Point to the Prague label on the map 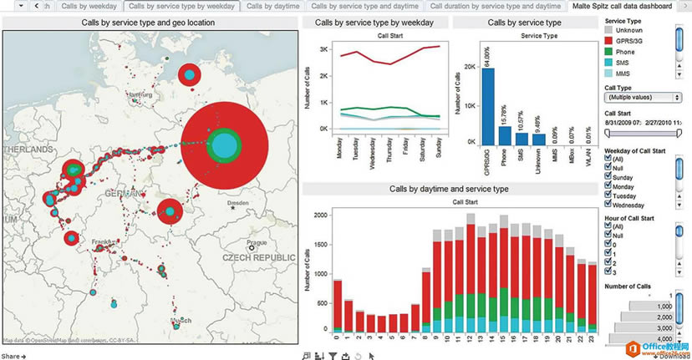click(257, 232)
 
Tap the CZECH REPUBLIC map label click(259, 260)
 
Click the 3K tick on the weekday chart click(322, 50)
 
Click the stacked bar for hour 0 click(337, 306)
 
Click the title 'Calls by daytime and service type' click(449, 189)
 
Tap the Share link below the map click(13, 356)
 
